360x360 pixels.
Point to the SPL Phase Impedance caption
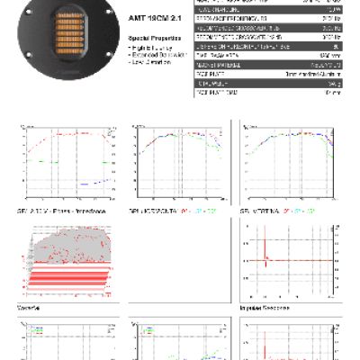click(x=56, y=209)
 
